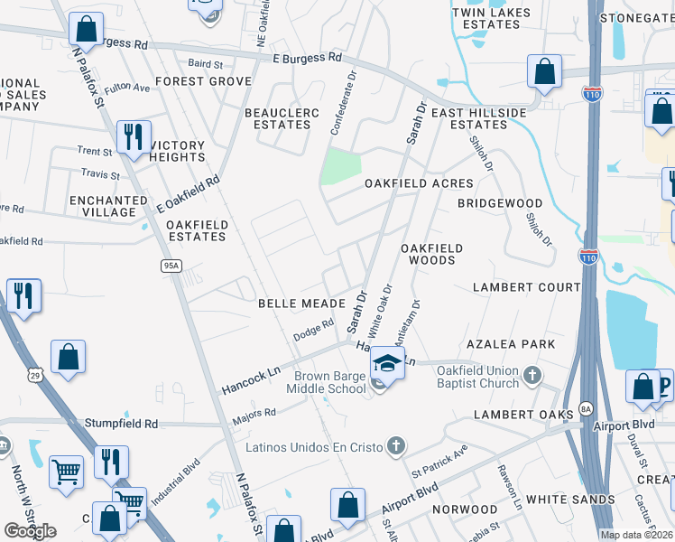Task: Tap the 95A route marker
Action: pyautogui.click(x=172, y=266)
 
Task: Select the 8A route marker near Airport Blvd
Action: pyautogui.click(x=586, y=407)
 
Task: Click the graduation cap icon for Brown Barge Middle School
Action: pyautogui.click(x=385, y=362)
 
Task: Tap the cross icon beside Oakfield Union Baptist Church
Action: pyautogui.click(x=533, y=375)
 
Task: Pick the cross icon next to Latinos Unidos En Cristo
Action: pyautogui.click(x=395, y=444)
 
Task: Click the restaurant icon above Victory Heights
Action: pyautogui.click(x=134, y=137)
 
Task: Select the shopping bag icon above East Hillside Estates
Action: pyautogui.click(x=545, y=71)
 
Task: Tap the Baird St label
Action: pyautogui.click(x=205, y=64)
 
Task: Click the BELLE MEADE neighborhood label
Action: pyautogui.click(x=301, y=304)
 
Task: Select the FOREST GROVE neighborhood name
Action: pyautogui.click(x=203, y=81)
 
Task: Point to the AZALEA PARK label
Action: pyautogui.click(x=511, y=345)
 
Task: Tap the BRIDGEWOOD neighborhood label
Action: pyautogui.click(x=499, y=204)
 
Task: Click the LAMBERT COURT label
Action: pyautogui.click(x=527, y=287)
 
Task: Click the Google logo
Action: pyautogui.click(x=31, y=531)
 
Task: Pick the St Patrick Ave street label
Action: pyautogui.click(x=439, y=460)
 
